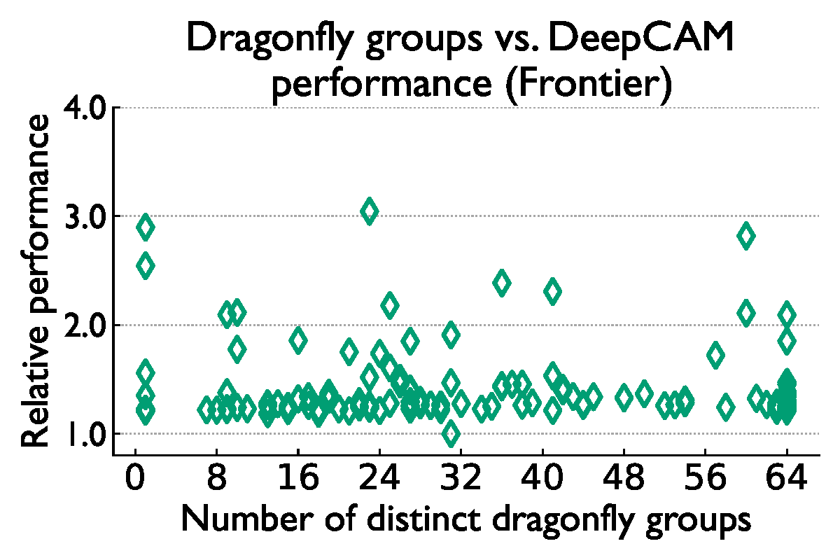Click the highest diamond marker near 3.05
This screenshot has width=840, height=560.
click(x=369, y=211)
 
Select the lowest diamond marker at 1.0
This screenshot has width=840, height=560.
click(x=451, y=433)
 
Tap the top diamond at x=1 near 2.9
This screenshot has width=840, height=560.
click(x=145, y=227)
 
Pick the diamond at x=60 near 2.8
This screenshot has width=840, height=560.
click(x=746, y=236)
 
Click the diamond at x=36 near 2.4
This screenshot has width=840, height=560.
click(x=501, y=283)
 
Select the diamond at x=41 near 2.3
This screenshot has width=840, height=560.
click(x=552, y=291)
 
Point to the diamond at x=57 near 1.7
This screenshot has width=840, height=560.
click(x=715, y=355)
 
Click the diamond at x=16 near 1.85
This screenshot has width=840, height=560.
click(x=298, y=340)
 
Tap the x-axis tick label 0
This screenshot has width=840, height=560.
click(x=134, y=482)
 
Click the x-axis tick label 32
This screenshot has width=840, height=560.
click(x=461, y=482)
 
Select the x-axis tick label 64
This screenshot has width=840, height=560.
click(x=787, y=482)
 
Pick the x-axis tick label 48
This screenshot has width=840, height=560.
click(x=624, y=482)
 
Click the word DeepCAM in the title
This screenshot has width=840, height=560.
click(x=642, y=41)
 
